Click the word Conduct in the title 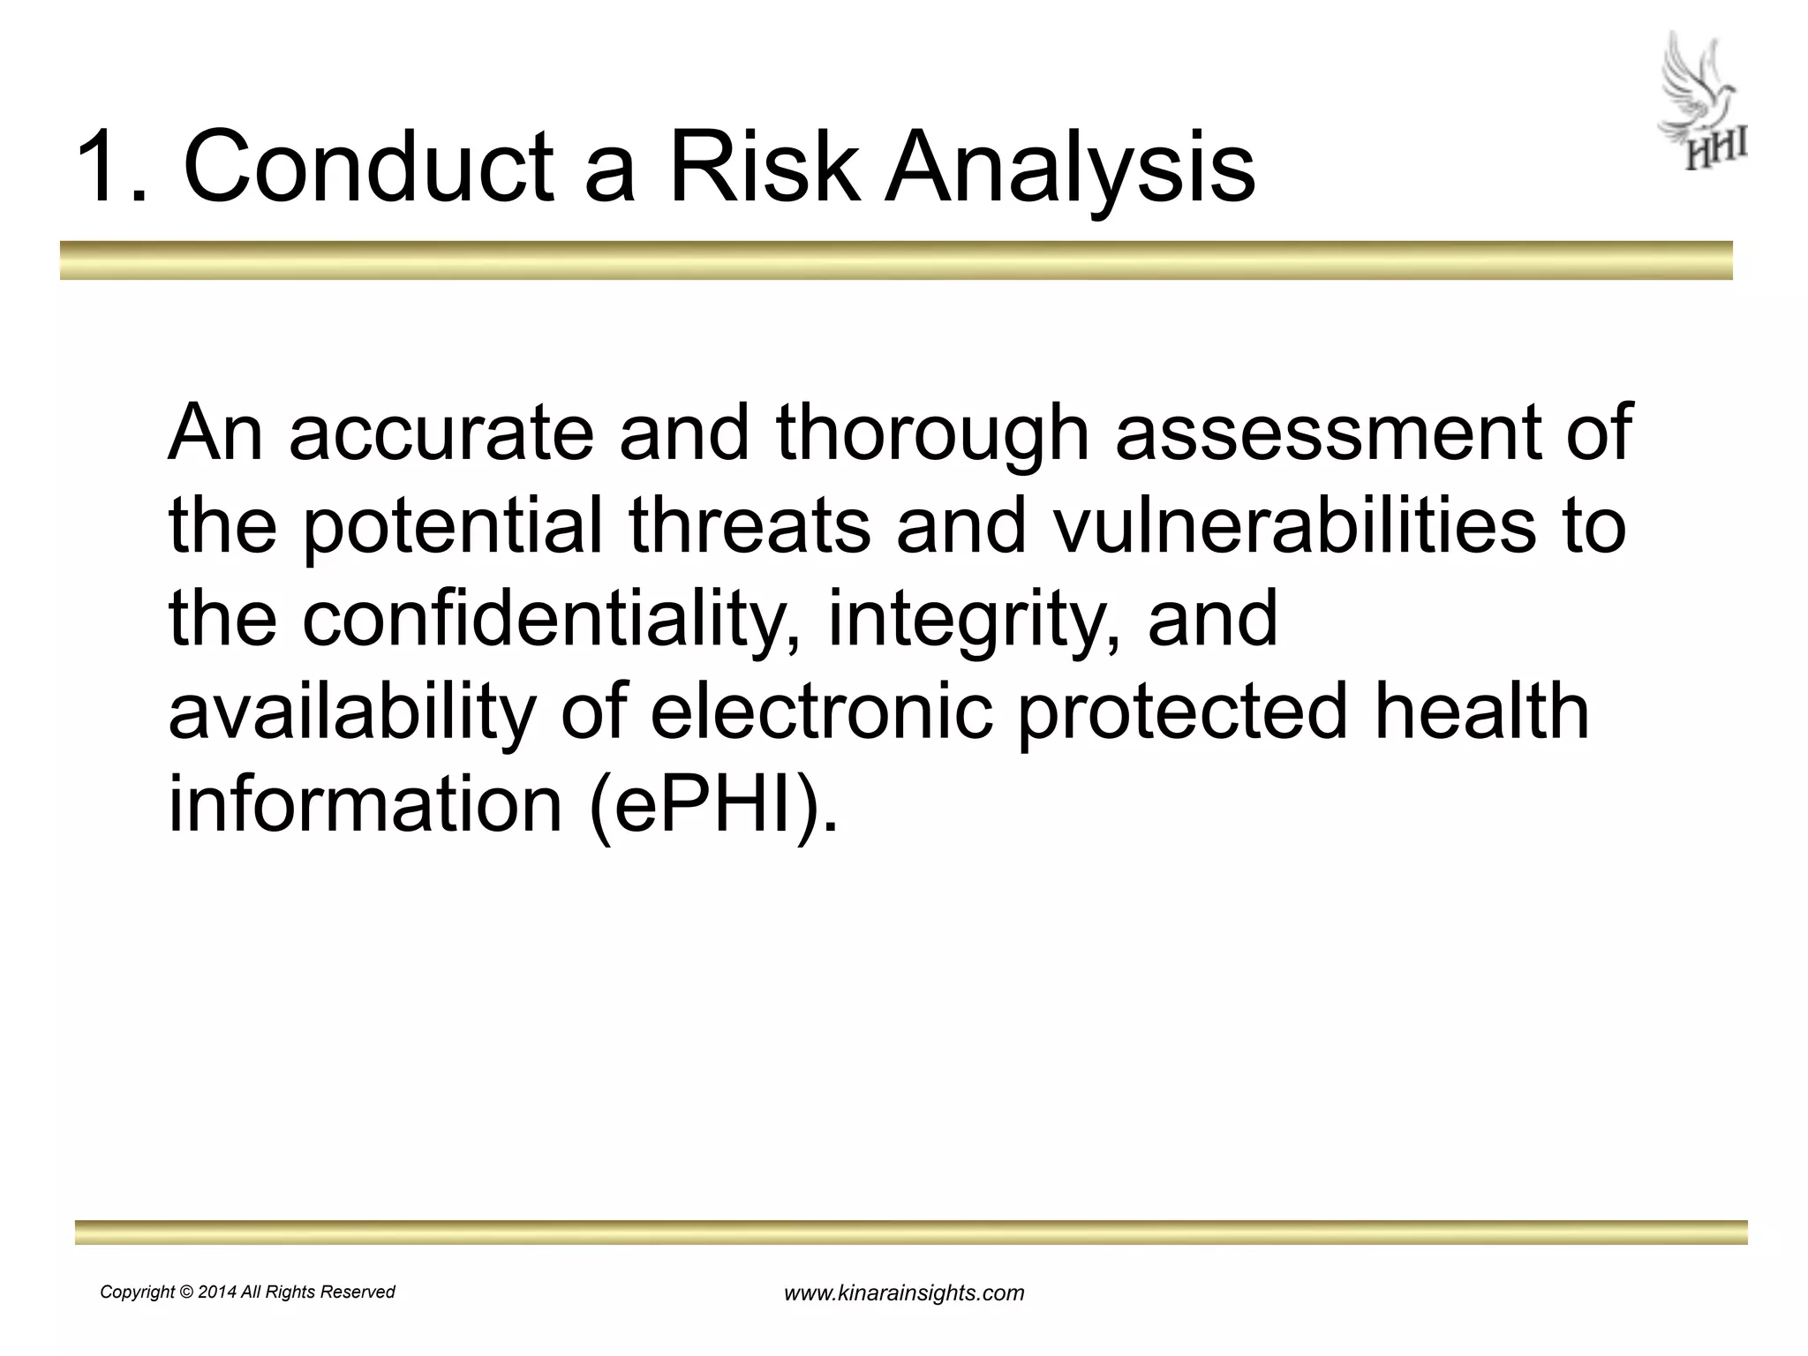tap(368, 166)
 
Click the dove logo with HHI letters tap(1701, 102)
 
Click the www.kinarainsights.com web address tap(904, 1293)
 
